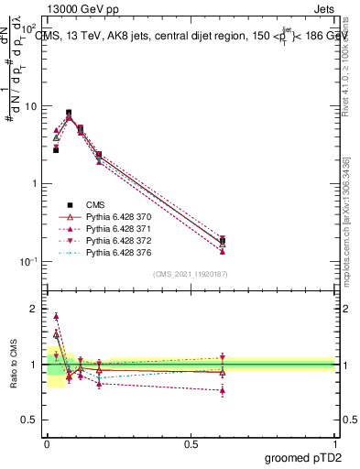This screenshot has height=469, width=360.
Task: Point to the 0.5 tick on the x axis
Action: (191, 444)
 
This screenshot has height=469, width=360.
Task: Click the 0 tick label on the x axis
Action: (47, 444)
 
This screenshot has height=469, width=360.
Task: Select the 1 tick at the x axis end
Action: (334, 444)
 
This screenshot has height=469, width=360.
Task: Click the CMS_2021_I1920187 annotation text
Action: (191, 274)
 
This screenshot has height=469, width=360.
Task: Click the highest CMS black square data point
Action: (69, 113)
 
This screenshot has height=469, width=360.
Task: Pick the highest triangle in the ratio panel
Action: (56, 316)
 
